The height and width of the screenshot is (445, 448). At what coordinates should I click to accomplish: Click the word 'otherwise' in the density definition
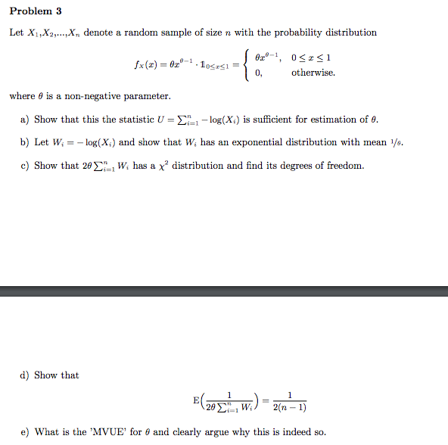coord(313,73)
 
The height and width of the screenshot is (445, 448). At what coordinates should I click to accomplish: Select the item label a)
coord(25,120)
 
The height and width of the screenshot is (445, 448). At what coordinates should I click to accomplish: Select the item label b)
coord(25,142)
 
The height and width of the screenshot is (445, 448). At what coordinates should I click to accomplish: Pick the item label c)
coord(25,166)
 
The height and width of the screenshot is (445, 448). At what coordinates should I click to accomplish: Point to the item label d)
coord(25,375)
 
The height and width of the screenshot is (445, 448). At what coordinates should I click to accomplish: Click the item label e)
coord(25,432)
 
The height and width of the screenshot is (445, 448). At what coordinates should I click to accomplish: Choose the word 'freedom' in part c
coord(344,166)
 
